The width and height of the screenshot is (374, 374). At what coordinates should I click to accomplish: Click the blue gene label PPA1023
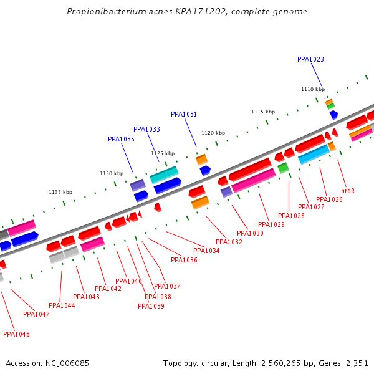[310, 60]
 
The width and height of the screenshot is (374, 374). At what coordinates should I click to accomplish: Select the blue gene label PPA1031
[184, 115]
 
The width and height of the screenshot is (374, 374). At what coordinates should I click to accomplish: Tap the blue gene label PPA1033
[146, 130]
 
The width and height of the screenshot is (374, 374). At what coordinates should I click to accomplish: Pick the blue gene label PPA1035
[121, 140]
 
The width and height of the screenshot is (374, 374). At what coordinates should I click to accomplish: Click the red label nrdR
[348, 191]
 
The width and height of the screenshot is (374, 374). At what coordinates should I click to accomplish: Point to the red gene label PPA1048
[16, 334]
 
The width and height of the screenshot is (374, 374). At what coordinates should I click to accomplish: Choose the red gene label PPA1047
[36, 314]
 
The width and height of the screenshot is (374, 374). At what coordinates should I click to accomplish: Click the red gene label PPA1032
[229, 242]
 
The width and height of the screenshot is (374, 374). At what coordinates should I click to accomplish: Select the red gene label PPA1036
[184, 261]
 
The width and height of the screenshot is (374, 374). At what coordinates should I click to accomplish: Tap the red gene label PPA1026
[329, 199]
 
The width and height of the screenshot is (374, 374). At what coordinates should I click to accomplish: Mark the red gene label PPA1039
[151, 306]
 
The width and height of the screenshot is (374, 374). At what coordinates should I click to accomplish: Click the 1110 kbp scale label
[313, 90]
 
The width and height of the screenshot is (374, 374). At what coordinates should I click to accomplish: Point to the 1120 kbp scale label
[213, 133]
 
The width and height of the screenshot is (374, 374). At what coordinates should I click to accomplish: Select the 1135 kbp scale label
[60, 192]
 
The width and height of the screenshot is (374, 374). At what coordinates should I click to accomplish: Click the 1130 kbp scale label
[112, 173]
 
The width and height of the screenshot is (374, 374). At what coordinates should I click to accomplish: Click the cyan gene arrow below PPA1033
[164, 172]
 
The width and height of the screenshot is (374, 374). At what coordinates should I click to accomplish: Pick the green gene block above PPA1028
[283, 168]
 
